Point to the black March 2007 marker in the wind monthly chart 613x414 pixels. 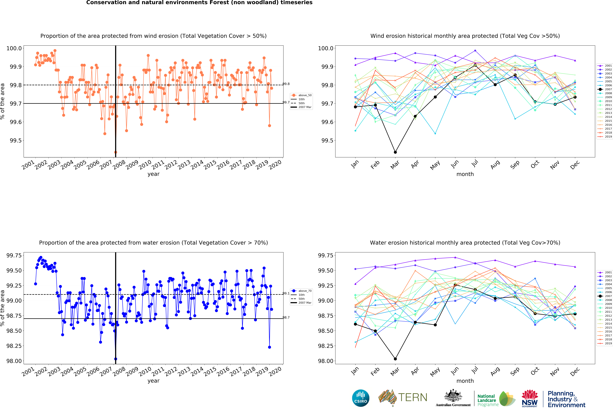395,152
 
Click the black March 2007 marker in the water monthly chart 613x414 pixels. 395,359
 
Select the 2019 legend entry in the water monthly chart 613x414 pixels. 608,343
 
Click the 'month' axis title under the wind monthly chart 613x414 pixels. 465,174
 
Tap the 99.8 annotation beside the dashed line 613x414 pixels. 286,84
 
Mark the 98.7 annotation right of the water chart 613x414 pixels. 286,317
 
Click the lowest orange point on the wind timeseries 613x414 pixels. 116,152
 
